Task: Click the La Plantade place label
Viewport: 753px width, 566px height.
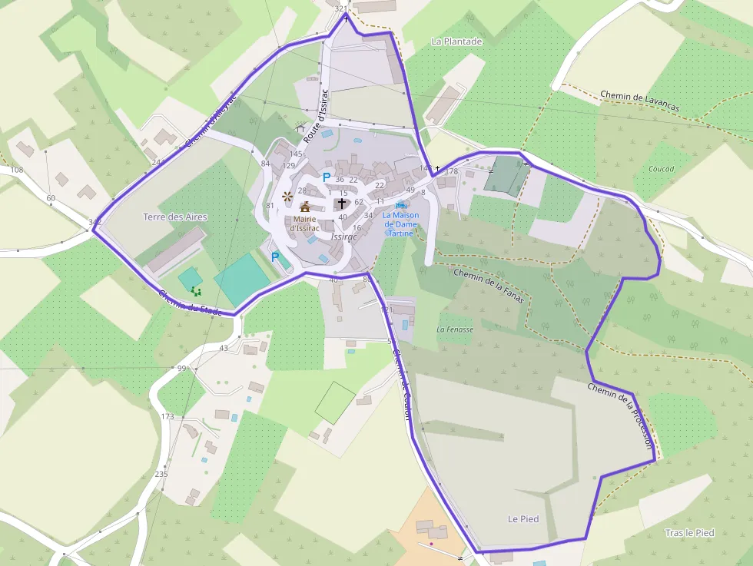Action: pyautogui.click(x=456, y=41)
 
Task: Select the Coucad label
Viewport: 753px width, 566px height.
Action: pyautogui.click(x=661, y=169)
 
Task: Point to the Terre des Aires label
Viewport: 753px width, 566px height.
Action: pyautogui.click(x=175, y=217)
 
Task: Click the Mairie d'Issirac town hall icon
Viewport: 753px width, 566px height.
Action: pyautogui.click(x=305, y=207)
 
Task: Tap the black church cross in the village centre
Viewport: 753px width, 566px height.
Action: pyautogui.click(x=342, y=204)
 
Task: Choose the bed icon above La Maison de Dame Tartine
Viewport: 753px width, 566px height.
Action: pyautogui.click(x=400, y=205)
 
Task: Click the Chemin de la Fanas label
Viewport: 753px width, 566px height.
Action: pyautogui.click(x=489, y=285)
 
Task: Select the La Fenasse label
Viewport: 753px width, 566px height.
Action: pyautogui.click(x=455, y=329)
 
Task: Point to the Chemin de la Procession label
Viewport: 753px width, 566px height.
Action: pyautogui.click(x=621, y=415)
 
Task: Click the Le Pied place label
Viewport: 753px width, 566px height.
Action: pyautogui.click(x=523, y=519)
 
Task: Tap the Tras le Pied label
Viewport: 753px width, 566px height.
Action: pyautogui.click(x=689, y=533)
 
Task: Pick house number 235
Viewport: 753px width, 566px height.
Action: pyautogui.click(x=161, y=474)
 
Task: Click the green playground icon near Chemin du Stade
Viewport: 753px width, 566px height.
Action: pyautogui.click(x=196, y=291)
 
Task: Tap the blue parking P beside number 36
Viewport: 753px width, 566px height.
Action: pyautogui.click(x=326, y=177)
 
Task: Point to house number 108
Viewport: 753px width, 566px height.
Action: pyautogui.click(x=17, y=170)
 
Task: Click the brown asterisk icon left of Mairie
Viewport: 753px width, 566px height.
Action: pyautogui.click(x=287, y=196)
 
